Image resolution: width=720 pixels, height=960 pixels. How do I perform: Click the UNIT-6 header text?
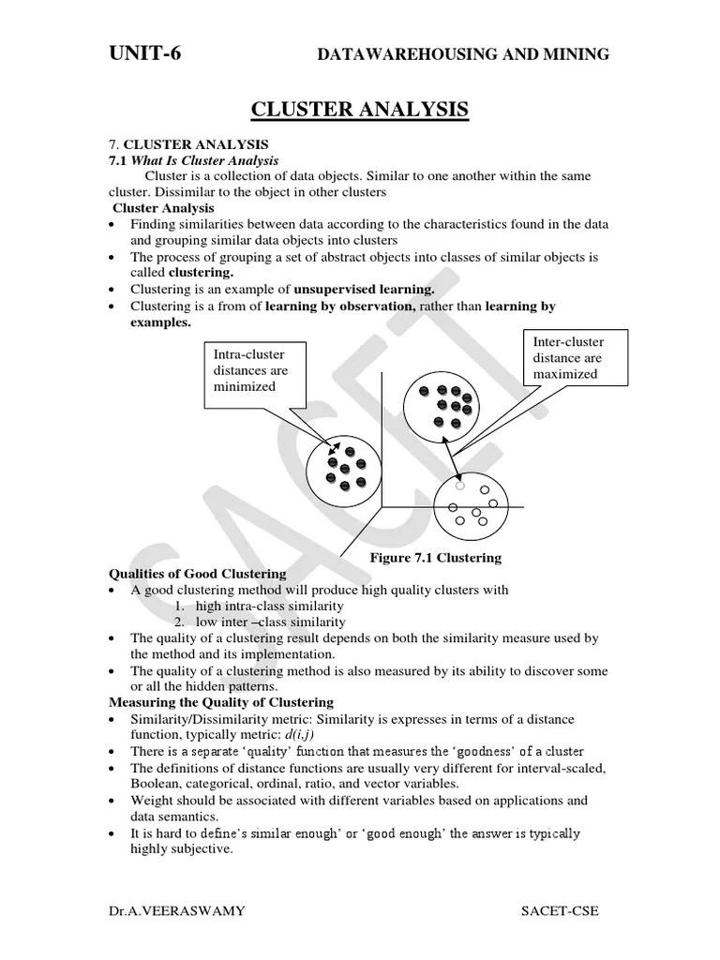click(x=145, y=53)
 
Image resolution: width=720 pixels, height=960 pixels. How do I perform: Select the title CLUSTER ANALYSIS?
click(x=360, y=111)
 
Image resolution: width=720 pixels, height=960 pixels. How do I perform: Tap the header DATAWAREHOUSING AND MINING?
click(x=463, y=55)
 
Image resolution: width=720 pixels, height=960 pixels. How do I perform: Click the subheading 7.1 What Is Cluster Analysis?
click(x=194, y=161)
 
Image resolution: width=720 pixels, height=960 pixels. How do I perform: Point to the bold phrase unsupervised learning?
click(x=364, y=289)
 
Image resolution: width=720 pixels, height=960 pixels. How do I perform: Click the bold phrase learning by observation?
click(x=340, y=306)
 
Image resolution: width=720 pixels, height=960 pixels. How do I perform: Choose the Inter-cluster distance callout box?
click(x=567, y=358)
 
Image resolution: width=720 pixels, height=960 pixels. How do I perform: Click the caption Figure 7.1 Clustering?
click(x=435, y=558)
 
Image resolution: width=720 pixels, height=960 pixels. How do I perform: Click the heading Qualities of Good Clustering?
click(x=198, y=574)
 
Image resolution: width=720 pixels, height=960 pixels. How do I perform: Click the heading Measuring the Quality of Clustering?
click(x=221, y=702)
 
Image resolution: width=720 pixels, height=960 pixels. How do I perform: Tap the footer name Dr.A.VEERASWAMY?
click(x=164, y=910)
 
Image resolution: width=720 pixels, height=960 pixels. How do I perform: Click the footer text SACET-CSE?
click(x=559, y=910)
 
